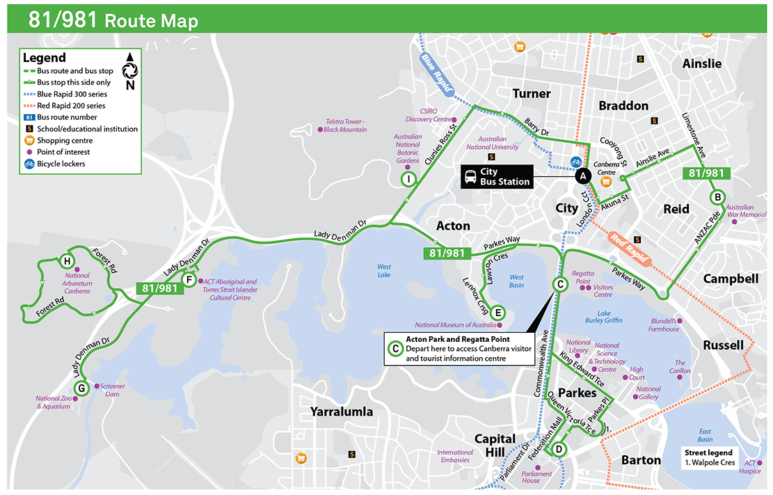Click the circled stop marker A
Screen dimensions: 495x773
click(582, 176)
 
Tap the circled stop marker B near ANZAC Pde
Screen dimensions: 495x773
click(717, 197)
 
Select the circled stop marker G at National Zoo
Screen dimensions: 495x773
click(81, 388)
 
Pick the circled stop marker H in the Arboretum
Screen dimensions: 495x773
click(67, 261)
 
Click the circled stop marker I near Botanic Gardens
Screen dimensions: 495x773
click(408, 180)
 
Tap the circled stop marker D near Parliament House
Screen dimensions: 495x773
click(558, 450)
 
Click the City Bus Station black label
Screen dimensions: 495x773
click(497, 176)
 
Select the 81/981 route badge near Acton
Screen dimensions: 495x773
click(446, 253)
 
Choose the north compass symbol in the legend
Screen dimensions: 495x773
click(129, 70)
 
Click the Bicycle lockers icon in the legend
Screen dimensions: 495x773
click(29, 164)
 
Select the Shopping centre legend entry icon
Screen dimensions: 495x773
click(29, 141)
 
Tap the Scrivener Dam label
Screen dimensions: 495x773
click(109, 390)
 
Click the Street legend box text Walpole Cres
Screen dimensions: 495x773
click(709, 462)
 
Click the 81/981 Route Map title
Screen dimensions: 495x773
click(113, 20)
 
